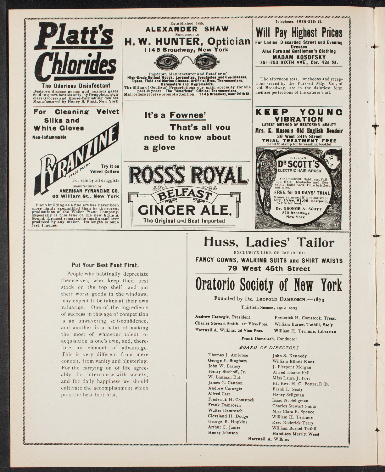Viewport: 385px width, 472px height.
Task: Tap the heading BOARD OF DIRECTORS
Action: pos(269,348)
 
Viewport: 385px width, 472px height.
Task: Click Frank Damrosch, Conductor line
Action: pos(269,339)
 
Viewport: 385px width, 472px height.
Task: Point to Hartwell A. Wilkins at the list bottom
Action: pos(268,439)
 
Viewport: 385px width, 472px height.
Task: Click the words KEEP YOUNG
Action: pos(299,112)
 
